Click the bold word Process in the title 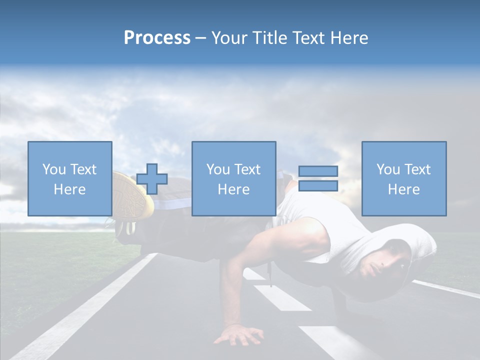click(157, 38)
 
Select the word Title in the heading click(270, 38)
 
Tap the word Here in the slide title click(348, 38)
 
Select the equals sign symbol click(318, 178)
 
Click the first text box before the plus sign click(70, 178)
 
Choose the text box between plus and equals click(234, 178)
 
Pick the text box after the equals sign click(404, 178)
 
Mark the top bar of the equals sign click(318, 171)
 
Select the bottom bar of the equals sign click(318, 185)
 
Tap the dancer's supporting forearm click(231, 295)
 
